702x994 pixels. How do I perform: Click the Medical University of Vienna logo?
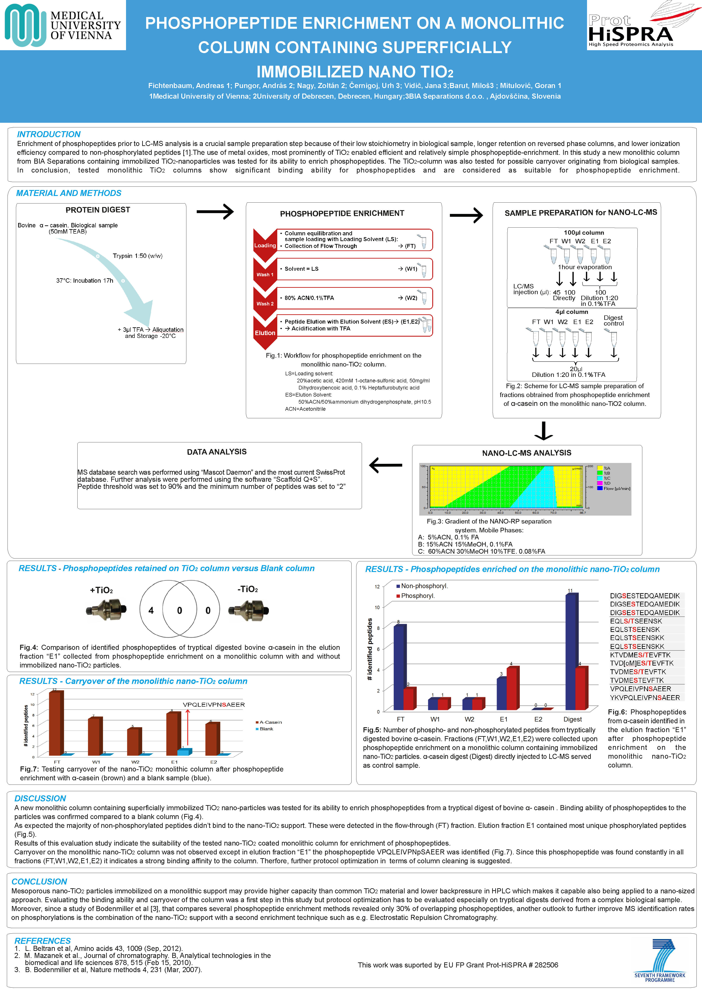pyautogui.click(x=63, y=25)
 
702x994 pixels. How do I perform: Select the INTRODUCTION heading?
pyautogui.click(x=48, y=134)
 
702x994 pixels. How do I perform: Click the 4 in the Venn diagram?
pyautogui.click(x=151, y=610)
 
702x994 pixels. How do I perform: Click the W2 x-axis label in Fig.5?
pyautogui.click(x=469, y=719)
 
